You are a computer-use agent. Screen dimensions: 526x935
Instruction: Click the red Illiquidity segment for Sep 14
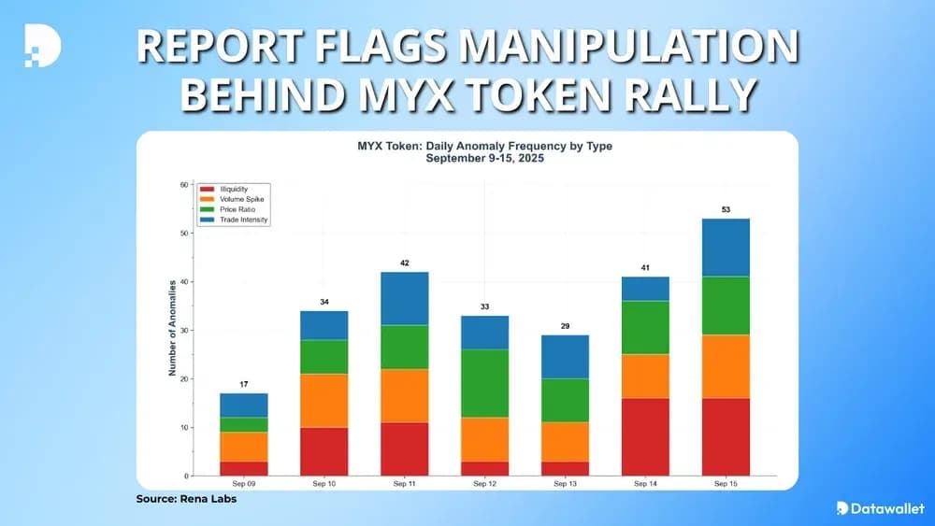coord(644,436)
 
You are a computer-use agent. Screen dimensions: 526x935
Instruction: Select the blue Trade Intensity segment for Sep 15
coord(725,247)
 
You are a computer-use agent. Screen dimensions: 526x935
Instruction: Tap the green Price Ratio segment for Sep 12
coord(484,383)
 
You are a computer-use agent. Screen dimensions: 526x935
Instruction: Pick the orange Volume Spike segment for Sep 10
coord(324,401)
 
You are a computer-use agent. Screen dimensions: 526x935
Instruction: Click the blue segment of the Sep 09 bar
coord(243,405)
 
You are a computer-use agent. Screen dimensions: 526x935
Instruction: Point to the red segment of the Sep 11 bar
coord(404,448)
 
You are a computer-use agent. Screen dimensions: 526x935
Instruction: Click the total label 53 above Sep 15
coord(726,209)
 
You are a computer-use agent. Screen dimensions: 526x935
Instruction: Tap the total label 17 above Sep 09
coord(243,384)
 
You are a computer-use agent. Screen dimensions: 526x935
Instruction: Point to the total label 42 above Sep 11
coord(404,263)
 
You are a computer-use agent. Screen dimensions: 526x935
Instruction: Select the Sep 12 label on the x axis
coord(484,484)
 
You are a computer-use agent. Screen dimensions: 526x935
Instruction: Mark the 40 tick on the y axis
coord(183,281)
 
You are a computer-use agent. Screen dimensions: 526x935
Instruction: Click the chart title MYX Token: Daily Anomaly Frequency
coord(484,147)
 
